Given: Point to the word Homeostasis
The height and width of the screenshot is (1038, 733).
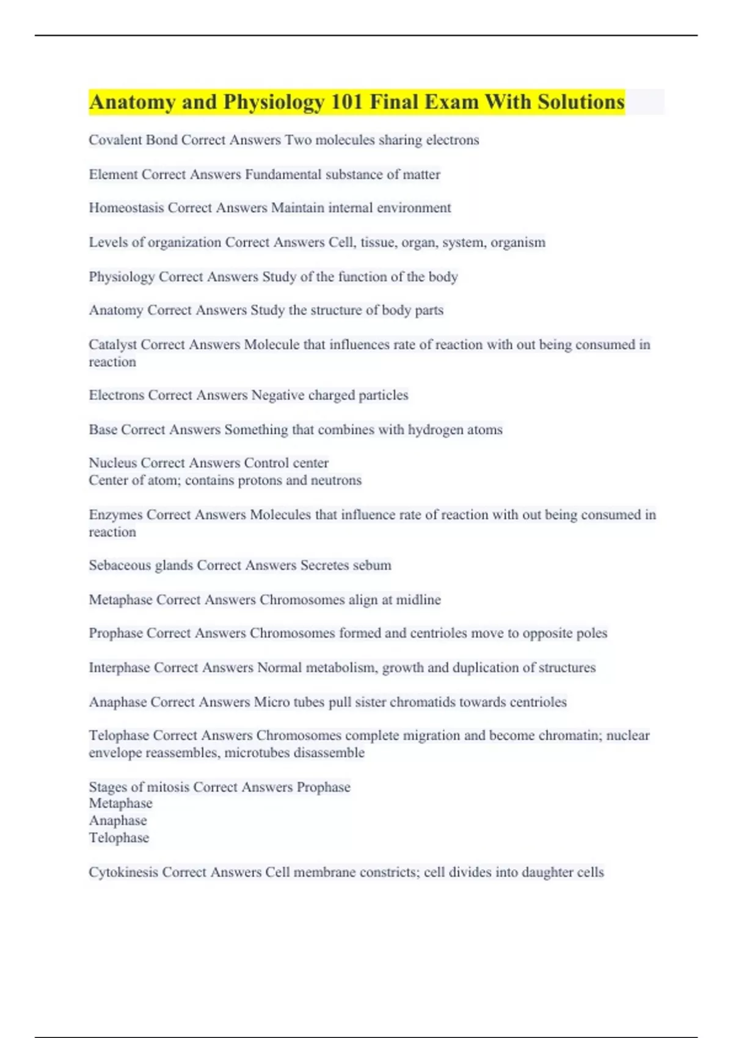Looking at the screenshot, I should pos(126,208).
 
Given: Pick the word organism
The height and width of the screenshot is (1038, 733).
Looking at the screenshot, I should pos(518,242).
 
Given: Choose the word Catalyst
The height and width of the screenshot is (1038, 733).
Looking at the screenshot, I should pos(113,344).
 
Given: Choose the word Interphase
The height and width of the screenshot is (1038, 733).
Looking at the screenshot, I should pos(119,667).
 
